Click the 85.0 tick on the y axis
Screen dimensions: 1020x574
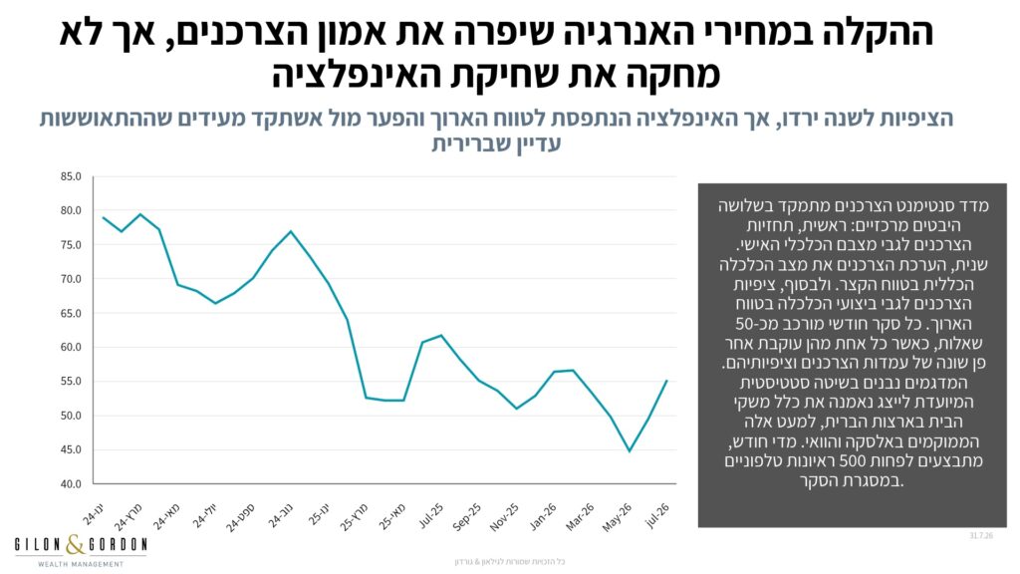coord(71,176)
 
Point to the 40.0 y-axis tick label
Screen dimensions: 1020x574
coord(71,483)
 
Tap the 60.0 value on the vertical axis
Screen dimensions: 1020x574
coord(71,347)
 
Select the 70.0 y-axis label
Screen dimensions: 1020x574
coord(71,279)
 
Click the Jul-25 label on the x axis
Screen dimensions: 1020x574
coord(430,515)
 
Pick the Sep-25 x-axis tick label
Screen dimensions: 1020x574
coord(468,517)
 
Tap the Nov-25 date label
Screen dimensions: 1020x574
coord(505,517)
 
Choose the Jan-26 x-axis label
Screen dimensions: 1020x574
coord(543,517)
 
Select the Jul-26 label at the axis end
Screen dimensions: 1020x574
coord(657,515)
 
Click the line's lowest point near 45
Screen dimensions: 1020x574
coord(630,451)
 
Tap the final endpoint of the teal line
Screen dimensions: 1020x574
coord(666,381)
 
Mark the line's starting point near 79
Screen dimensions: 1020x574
coord(103,217)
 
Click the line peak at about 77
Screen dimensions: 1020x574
coord(291,231)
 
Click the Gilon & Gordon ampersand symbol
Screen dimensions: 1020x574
coord(76,544)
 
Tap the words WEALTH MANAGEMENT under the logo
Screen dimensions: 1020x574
coord(81,564)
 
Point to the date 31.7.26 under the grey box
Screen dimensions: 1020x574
coord(981,535)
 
